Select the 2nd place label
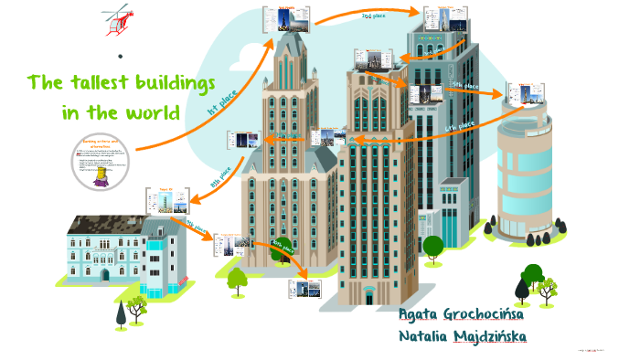(x=379, y=16)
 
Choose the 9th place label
(x=197, y=224)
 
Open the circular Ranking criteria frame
(x=102, y=162)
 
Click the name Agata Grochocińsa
(x=462, y=315)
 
